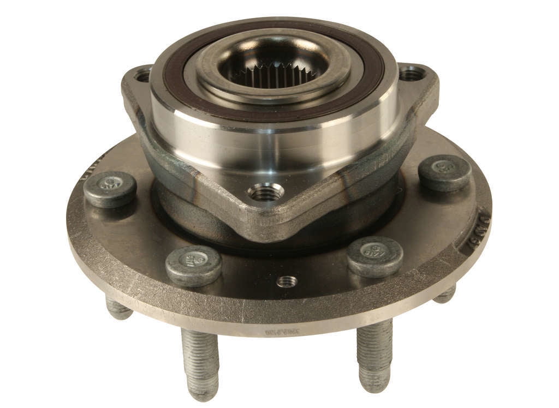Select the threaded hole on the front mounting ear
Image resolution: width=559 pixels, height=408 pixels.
click(266, 192)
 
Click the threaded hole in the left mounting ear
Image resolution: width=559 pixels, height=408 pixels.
click(143, 75)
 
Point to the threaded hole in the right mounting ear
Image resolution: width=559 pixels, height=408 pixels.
click(411, 73)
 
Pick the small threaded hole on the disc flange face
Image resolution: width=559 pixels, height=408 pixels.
click(287, 281)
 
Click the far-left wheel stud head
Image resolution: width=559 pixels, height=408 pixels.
click(110, 188)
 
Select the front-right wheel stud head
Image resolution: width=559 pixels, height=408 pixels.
click(375, 256)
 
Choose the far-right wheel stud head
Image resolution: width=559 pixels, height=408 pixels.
click(445, 172)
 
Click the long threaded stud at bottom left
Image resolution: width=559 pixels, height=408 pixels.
click(200, 363)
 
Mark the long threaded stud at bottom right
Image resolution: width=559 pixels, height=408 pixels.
click(374, 355)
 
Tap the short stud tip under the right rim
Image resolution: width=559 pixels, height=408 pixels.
click(445, 295)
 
